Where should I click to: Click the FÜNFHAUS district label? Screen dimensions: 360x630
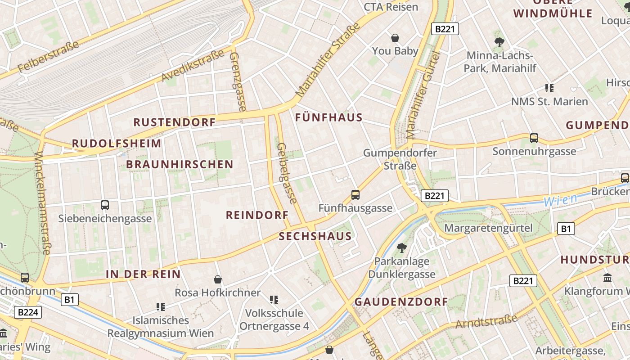pos(328,117)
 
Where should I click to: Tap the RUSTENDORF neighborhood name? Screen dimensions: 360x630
pos(175,122)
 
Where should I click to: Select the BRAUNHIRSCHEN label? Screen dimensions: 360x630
pos(180,164)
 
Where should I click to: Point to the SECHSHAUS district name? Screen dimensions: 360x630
pos(315,237)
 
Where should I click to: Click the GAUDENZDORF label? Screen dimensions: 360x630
pos(401,302)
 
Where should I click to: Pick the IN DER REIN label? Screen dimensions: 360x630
pos(143,274)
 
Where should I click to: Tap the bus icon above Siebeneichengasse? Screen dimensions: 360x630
pos(105,205)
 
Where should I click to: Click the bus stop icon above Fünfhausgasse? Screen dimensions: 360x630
pos(355,195)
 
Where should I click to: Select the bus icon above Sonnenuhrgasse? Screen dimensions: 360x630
pos(534,138)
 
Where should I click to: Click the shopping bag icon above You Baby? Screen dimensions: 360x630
pos(395,38)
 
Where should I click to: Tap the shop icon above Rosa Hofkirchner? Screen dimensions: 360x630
pos(218,279)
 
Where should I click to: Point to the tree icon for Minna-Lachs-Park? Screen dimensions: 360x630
pos(499,42)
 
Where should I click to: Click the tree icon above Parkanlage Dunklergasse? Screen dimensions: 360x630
pos(401,247)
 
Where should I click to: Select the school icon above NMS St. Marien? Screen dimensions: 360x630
pos(549,88)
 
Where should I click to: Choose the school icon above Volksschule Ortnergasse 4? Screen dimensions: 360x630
pos(274,299)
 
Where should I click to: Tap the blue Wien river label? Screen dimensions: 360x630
pos(560,200)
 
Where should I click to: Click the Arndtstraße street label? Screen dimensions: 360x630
pos(486,321)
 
